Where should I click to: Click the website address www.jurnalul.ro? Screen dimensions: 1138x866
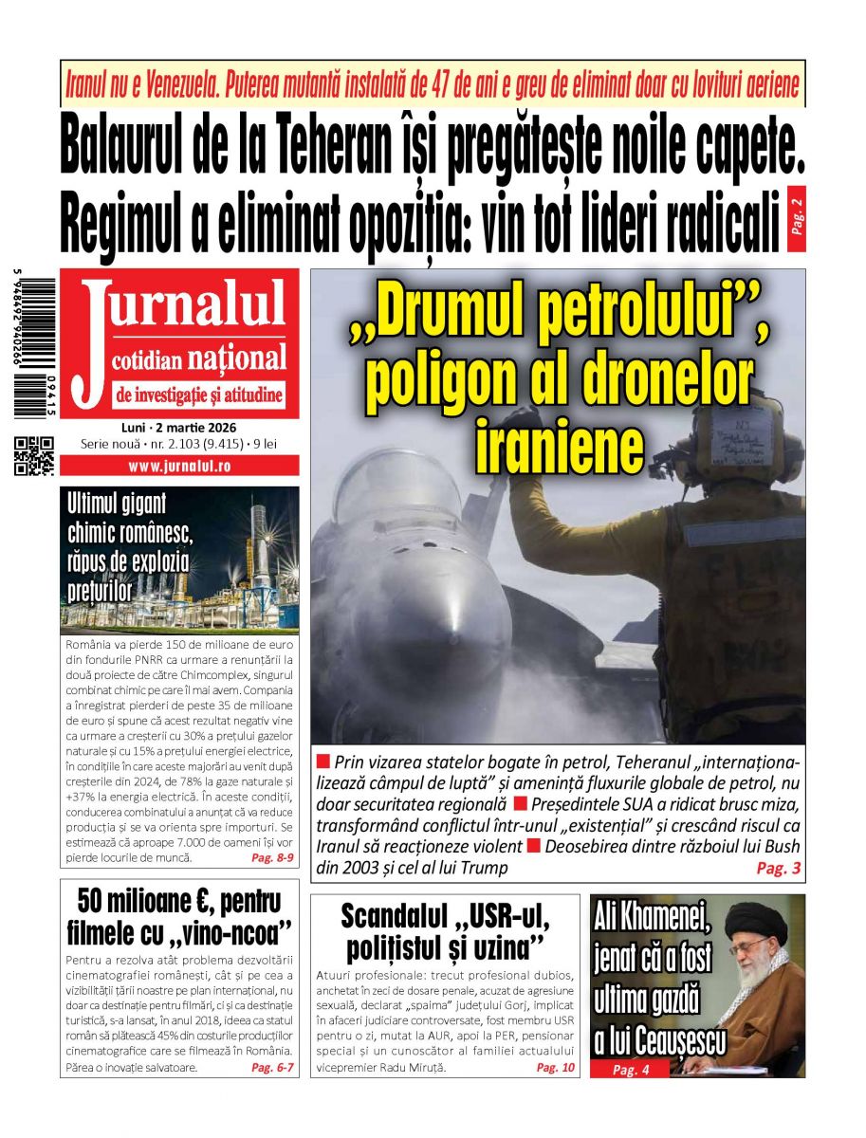[179, 467]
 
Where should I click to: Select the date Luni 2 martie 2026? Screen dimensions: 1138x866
[179, 427]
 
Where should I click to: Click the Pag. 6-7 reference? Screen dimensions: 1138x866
[273, 1068]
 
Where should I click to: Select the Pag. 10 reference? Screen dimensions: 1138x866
[555, 1068]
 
